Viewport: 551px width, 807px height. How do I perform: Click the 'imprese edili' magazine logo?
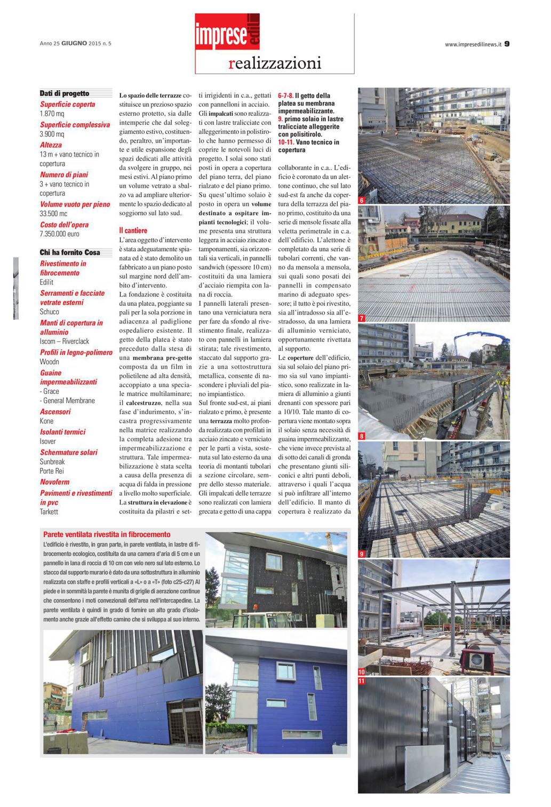point(227,31)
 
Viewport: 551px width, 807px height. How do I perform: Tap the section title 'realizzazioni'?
point(275,63)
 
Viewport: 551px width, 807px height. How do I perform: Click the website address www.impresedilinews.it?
point(473,44)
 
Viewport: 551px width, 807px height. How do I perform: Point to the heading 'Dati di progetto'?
point(65,93)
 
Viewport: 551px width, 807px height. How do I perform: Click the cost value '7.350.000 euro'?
point(59,234)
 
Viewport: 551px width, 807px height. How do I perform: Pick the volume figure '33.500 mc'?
point(53,213)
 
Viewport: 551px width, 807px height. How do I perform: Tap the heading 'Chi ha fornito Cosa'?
point(70,252)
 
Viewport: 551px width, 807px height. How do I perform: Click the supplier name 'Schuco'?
point(50,312)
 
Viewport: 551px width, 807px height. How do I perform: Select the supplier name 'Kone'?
point(47,421)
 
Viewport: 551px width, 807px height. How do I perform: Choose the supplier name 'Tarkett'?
point(49,512)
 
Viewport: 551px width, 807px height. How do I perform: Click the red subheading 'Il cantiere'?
point(133,231)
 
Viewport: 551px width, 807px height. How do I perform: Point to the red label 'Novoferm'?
point(55,482)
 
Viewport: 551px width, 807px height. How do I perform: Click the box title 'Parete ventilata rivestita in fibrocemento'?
point(107,534)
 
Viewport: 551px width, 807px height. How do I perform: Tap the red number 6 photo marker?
point(362,201)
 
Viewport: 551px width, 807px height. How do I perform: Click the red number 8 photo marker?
point(362,437)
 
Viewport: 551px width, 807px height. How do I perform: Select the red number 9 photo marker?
point(362,554)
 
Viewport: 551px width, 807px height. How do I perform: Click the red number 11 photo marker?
point(362,681)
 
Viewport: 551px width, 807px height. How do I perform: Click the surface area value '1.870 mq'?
point(52,114)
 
